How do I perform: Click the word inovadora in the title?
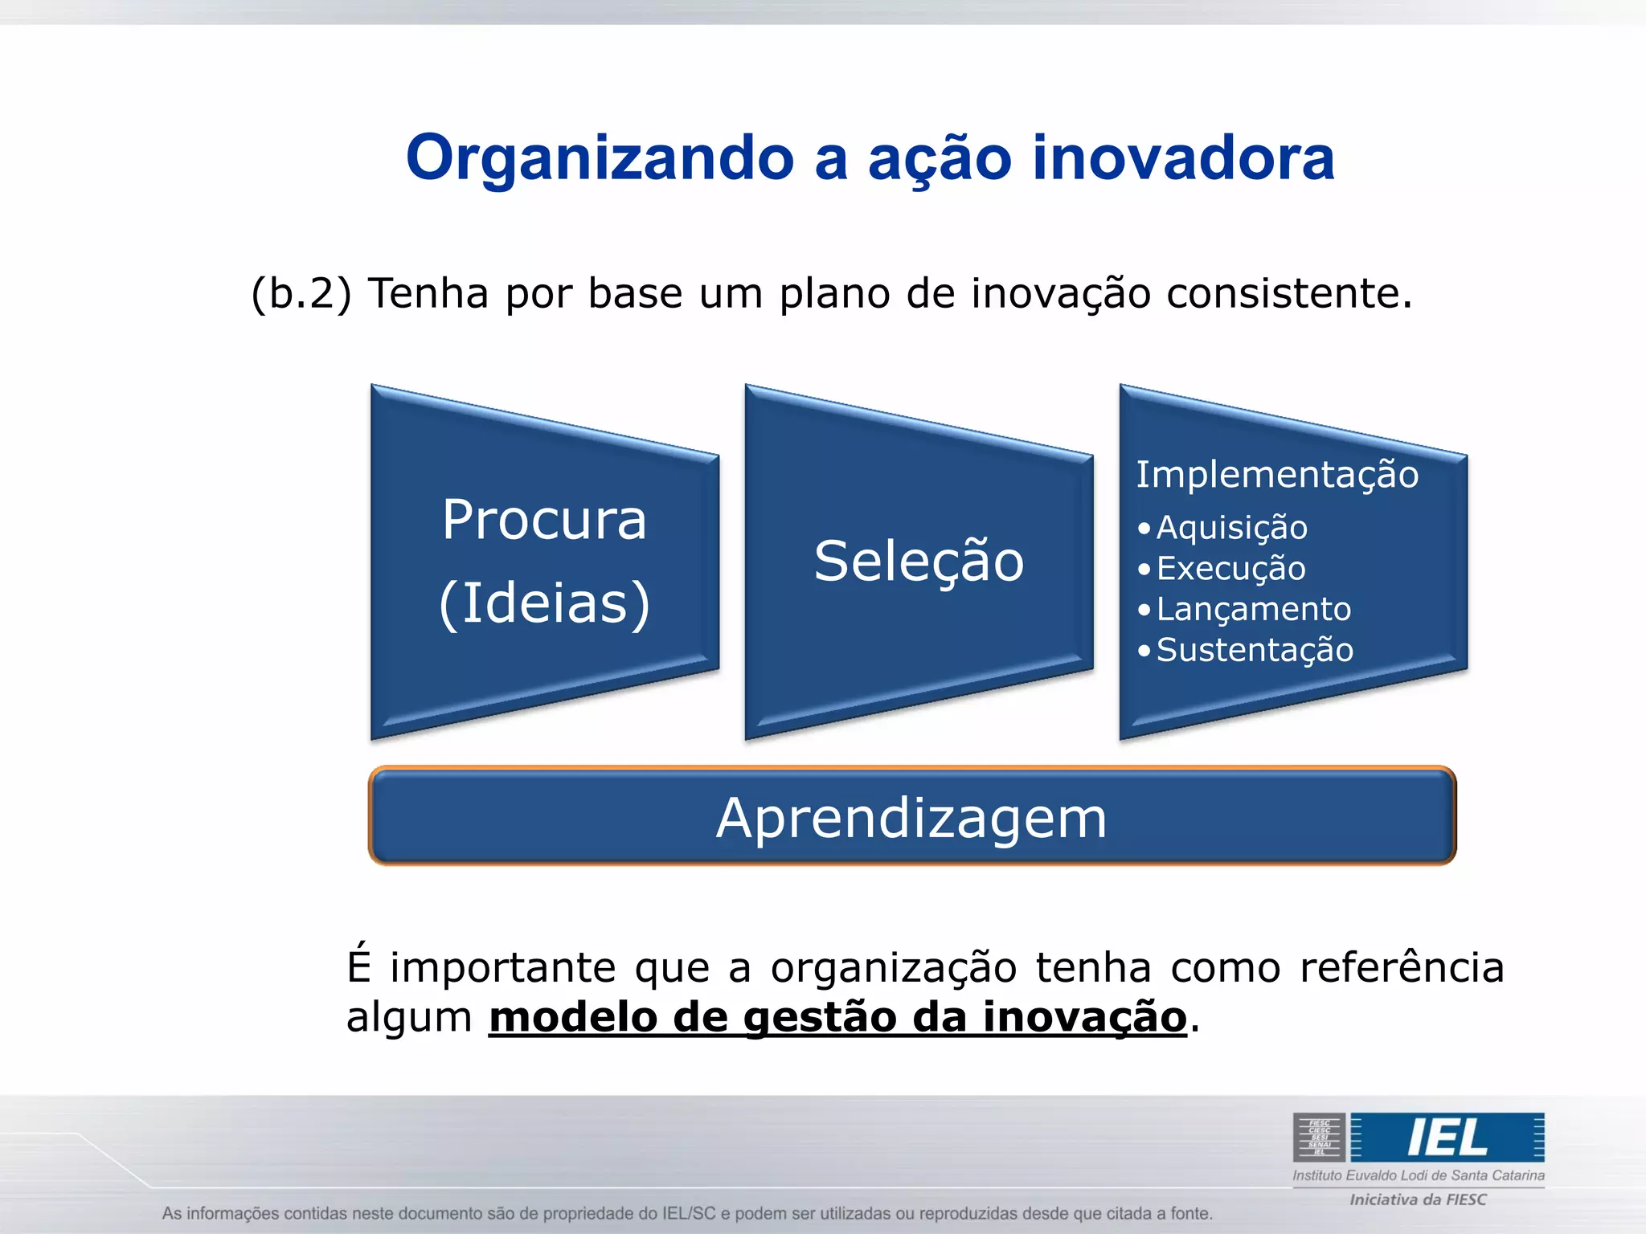pos(1183,157)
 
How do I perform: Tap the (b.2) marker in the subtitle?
pos(301,294)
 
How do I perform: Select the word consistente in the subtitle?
pos(1288,294)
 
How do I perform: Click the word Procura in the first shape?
pos(544,521)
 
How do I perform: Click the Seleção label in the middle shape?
pos(919,562)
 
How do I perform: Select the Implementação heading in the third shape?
pos(1276,474)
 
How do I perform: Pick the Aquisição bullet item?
pos(1231,528)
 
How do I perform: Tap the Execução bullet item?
pos(1230,569)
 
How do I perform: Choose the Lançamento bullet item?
pos(1253,610)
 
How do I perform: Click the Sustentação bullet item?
pos(1254,650)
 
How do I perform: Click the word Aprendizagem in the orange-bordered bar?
pos(911,819)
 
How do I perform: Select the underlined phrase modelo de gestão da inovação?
pos(837,1017)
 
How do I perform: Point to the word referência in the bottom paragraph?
pos(1402,966)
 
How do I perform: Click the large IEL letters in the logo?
pos(1447,1138)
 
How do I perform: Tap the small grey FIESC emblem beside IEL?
pos(1319,1138)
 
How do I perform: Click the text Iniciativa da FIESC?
pos(1418,1199)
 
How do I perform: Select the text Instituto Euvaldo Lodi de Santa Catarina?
pos(1418,1175)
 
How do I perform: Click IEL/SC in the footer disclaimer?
pos(688,1213)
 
